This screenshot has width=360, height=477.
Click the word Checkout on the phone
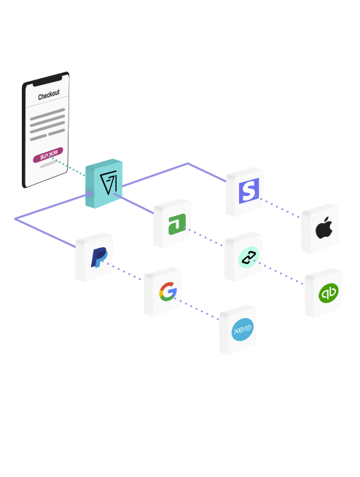(x=49, y=95)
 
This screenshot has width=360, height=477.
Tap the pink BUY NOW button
(x=48, y=155)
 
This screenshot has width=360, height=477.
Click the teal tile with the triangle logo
(x=104, y=184)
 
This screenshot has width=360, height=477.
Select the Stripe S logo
(x=249, y=191)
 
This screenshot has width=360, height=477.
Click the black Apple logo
(x=324, y=228)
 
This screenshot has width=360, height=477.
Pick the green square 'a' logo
(x=177, y=225)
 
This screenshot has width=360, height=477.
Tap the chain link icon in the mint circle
(x=249, y=257)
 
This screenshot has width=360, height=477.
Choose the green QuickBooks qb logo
(x=329, y=293)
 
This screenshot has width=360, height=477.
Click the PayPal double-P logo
(x=99, y=257)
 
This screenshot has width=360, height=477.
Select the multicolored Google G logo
(x=168, y=292)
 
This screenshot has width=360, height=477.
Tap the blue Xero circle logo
(x=243, y=330)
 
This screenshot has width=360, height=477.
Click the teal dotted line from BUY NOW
(x=68, y=166)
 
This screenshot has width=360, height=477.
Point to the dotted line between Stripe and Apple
(x=280, y=208)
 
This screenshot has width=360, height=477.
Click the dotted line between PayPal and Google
(x=123, y=271)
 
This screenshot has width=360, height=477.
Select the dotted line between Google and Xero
(x=197, y=309)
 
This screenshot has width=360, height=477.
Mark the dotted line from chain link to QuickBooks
(x=278, y=273)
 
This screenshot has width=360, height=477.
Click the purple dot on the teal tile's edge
(x=90, y=193)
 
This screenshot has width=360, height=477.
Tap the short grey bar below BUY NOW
(x=49, y=164)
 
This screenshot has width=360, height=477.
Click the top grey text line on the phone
(x=47, y=114)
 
